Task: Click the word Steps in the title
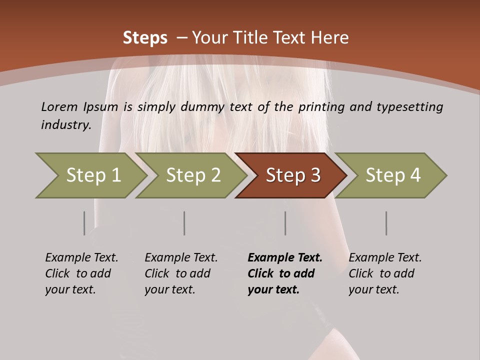coord(145,38)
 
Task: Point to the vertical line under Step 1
coord(84,223)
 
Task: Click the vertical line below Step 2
coord(184,223)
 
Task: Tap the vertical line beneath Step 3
coord(285,223)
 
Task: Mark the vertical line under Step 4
coord(386,223)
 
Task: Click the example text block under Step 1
coord(81,273)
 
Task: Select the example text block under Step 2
coord(181,273)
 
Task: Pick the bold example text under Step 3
coord(285,273)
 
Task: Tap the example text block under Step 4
coord(385,273)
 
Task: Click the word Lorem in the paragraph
coord(59,107)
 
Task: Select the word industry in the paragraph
coord(65,124)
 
